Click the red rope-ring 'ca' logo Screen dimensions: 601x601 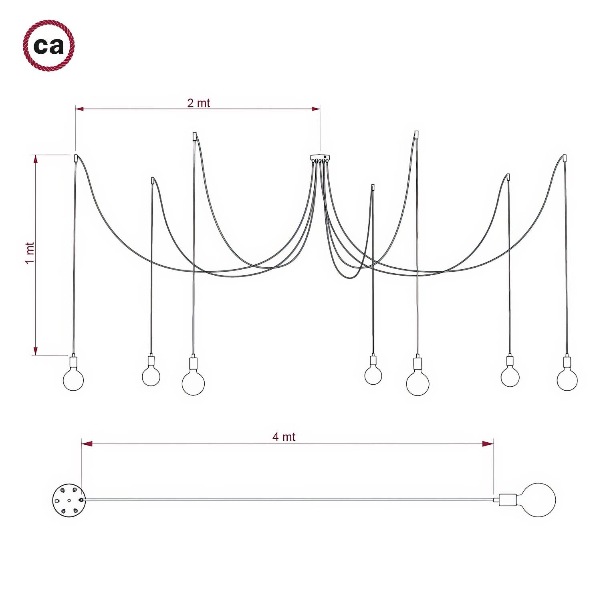(x=49, y=46)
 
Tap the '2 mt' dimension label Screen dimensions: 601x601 (x=198, y=103)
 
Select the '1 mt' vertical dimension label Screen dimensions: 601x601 (x=30, y=253)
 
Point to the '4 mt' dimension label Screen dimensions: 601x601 (x=284, y=437)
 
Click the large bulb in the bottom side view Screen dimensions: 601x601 (x=539, y=500)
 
